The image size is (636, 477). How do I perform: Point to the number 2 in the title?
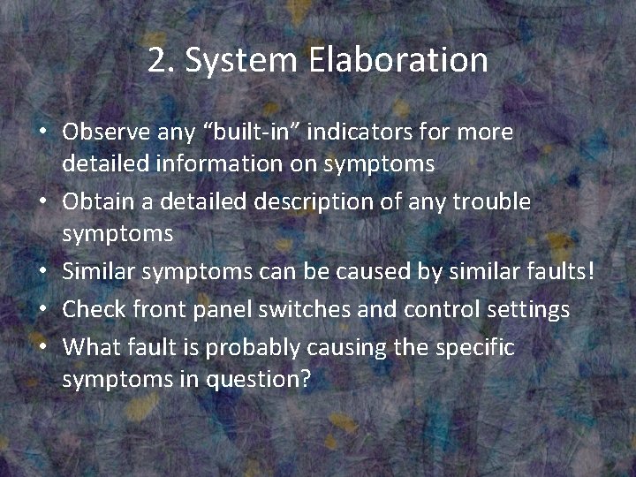tap(158, 60)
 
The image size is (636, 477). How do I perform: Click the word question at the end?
tap(264, 380)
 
